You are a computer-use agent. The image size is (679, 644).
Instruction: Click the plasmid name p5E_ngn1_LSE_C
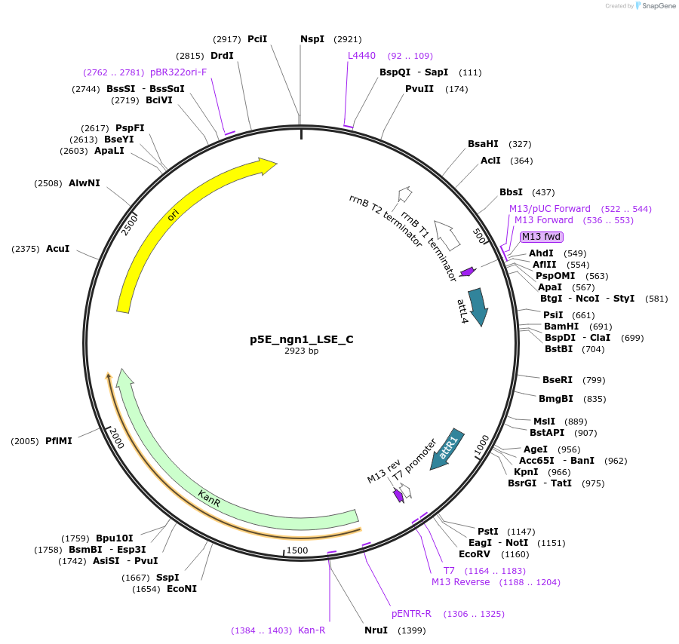pyautogui.click(x=301, y=339)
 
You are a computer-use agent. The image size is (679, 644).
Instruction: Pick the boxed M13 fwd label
pyautogui.click(x=541, y=237)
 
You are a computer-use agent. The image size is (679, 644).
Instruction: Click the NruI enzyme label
pyautogui.click(x=376, y=630)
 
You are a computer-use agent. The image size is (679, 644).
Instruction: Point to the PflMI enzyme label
pyautogui.click(x=59, y=441)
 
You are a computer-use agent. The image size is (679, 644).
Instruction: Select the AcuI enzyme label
pyautogui.click(x=57, y=249)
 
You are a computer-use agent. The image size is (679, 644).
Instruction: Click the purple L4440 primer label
pyautogui.click(x=361, y=56)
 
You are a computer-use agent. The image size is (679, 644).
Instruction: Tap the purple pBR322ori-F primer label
pyautogui.click(x=178, y=72)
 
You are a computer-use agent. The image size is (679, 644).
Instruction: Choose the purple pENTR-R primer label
pyautogui.click(x=411, y=614)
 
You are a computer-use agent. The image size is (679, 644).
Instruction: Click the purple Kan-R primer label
pyautogui.click(x=312, y=630)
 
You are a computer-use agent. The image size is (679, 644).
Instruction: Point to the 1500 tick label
pyautogui.click(x=297, y=550)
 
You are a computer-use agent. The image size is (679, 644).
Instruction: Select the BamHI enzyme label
pyautogui.click(x=561, y=327)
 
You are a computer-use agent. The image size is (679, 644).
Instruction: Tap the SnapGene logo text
pyautogui.click(x=656, y=6)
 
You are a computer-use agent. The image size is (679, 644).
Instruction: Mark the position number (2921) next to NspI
pyautogui.click(x=348, y=39)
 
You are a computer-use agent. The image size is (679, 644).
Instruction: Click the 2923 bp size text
pyautogui.click(x=301, y=351)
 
